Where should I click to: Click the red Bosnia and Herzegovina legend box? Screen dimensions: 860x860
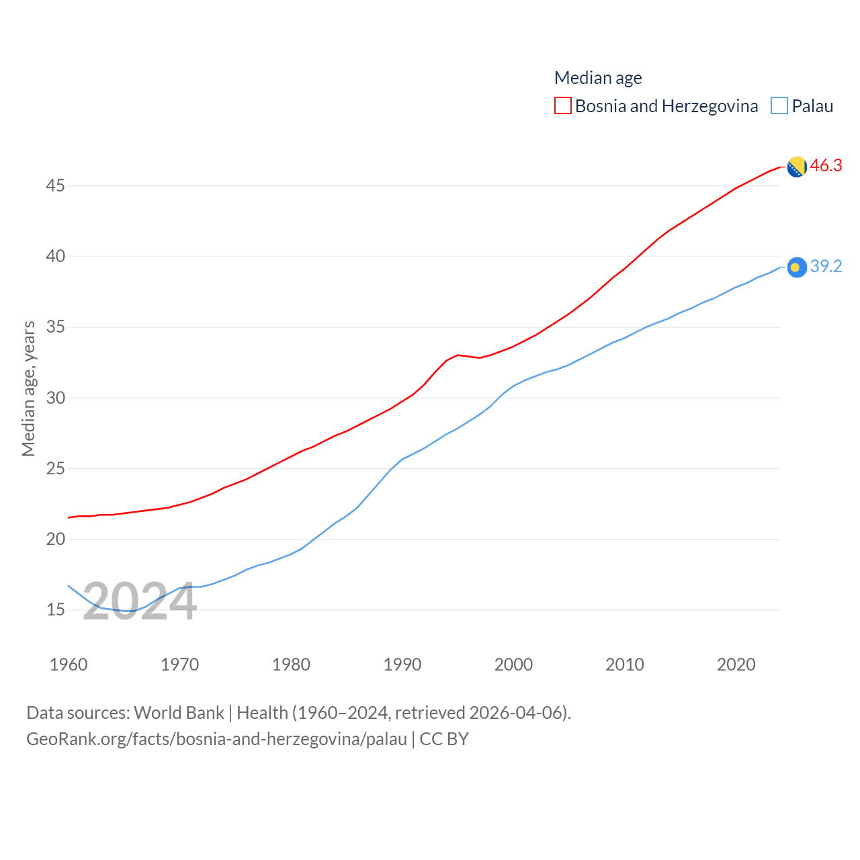(x=563, y=106)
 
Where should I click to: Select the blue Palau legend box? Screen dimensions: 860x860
(x=779, y=106)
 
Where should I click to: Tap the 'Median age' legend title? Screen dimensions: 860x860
(x=598, y=78)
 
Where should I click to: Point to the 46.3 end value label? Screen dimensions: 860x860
(x=826, y=165)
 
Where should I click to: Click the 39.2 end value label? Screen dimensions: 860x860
(x=826, y=267)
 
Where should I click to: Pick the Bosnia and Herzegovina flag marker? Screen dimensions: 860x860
(x=797, y=167)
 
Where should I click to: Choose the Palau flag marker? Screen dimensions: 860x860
(x=797, y=267)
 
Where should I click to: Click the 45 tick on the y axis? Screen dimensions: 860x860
(x=56, y=185)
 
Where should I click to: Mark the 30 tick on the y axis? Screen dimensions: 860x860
(x=56, y=398)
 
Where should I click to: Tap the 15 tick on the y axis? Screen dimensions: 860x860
(x=56, y=610)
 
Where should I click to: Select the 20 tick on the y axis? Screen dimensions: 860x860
(x=56, y=539)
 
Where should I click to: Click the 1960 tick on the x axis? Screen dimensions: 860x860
(x=69, y=664)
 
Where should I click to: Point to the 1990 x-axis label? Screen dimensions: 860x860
(x=402, y=664)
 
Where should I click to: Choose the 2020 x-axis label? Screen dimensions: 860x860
(x=736, y=664)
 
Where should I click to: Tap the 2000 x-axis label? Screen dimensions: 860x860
(x=513, y=664)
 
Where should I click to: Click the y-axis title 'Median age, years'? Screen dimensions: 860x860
(x=28, y=389)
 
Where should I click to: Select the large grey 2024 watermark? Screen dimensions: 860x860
(x=140, y=601)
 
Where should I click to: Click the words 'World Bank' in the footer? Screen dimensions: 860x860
(x=179, y=713)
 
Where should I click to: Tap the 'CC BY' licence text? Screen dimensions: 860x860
(x=444, y=739)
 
